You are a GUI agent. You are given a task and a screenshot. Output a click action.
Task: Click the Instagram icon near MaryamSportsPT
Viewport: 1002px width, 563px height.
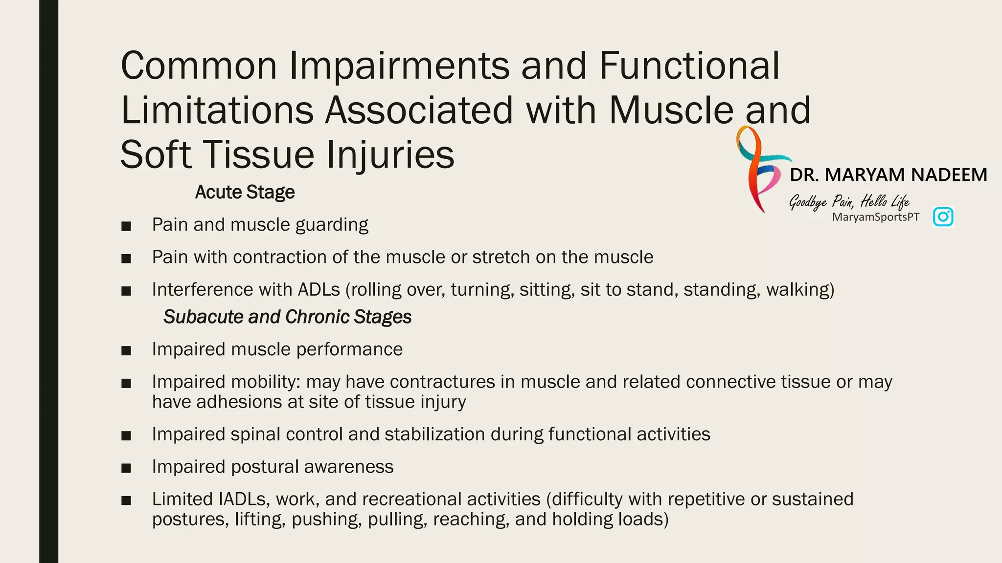[x=943, y=217]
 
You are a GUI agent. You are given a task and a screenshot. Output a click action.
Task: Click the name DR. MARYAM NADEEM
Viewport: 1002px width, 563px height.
[x=888, y=175]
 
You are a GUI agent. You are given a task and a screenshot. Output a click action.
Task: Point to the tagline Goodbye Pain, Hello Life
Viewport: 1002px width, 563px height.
[x=848, y=201]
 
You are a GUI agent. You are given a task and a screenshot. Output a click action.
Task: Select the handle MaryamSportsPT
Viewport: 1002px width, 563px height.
[x=875, y=217]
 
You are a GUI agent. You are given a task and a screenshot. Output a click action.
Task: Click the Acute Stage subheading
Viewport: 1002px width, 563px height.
[x=245, y=192]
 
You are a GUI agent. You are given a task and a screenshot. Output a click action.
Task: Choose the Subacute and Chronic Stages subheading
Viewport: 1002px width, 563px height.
[x=287, y=317]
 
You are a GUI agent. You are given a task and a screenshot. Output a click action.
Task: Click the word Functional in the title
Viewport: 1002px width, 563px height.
[x=689, y=65]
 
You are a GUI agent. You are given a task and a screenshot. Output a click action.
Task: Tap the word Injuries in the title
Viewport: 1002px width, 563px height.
[x=390, y=154]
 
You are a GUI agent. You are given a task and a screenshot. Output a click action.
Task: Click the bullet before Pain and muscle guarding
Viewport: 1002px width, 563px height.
[x=126, y=226]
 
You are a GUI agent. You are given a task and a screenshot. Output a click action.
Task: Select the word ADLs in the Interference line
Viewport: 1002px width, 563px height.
[x=319, y=289]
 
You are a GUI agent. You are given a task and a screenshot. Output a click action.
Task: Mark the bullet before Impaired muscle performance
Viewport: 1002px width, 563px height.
[x=126, y=350]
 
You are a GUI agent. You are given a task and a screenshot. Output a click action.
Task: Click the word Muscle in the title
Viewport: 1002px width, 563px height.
[x=671, y=110]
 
